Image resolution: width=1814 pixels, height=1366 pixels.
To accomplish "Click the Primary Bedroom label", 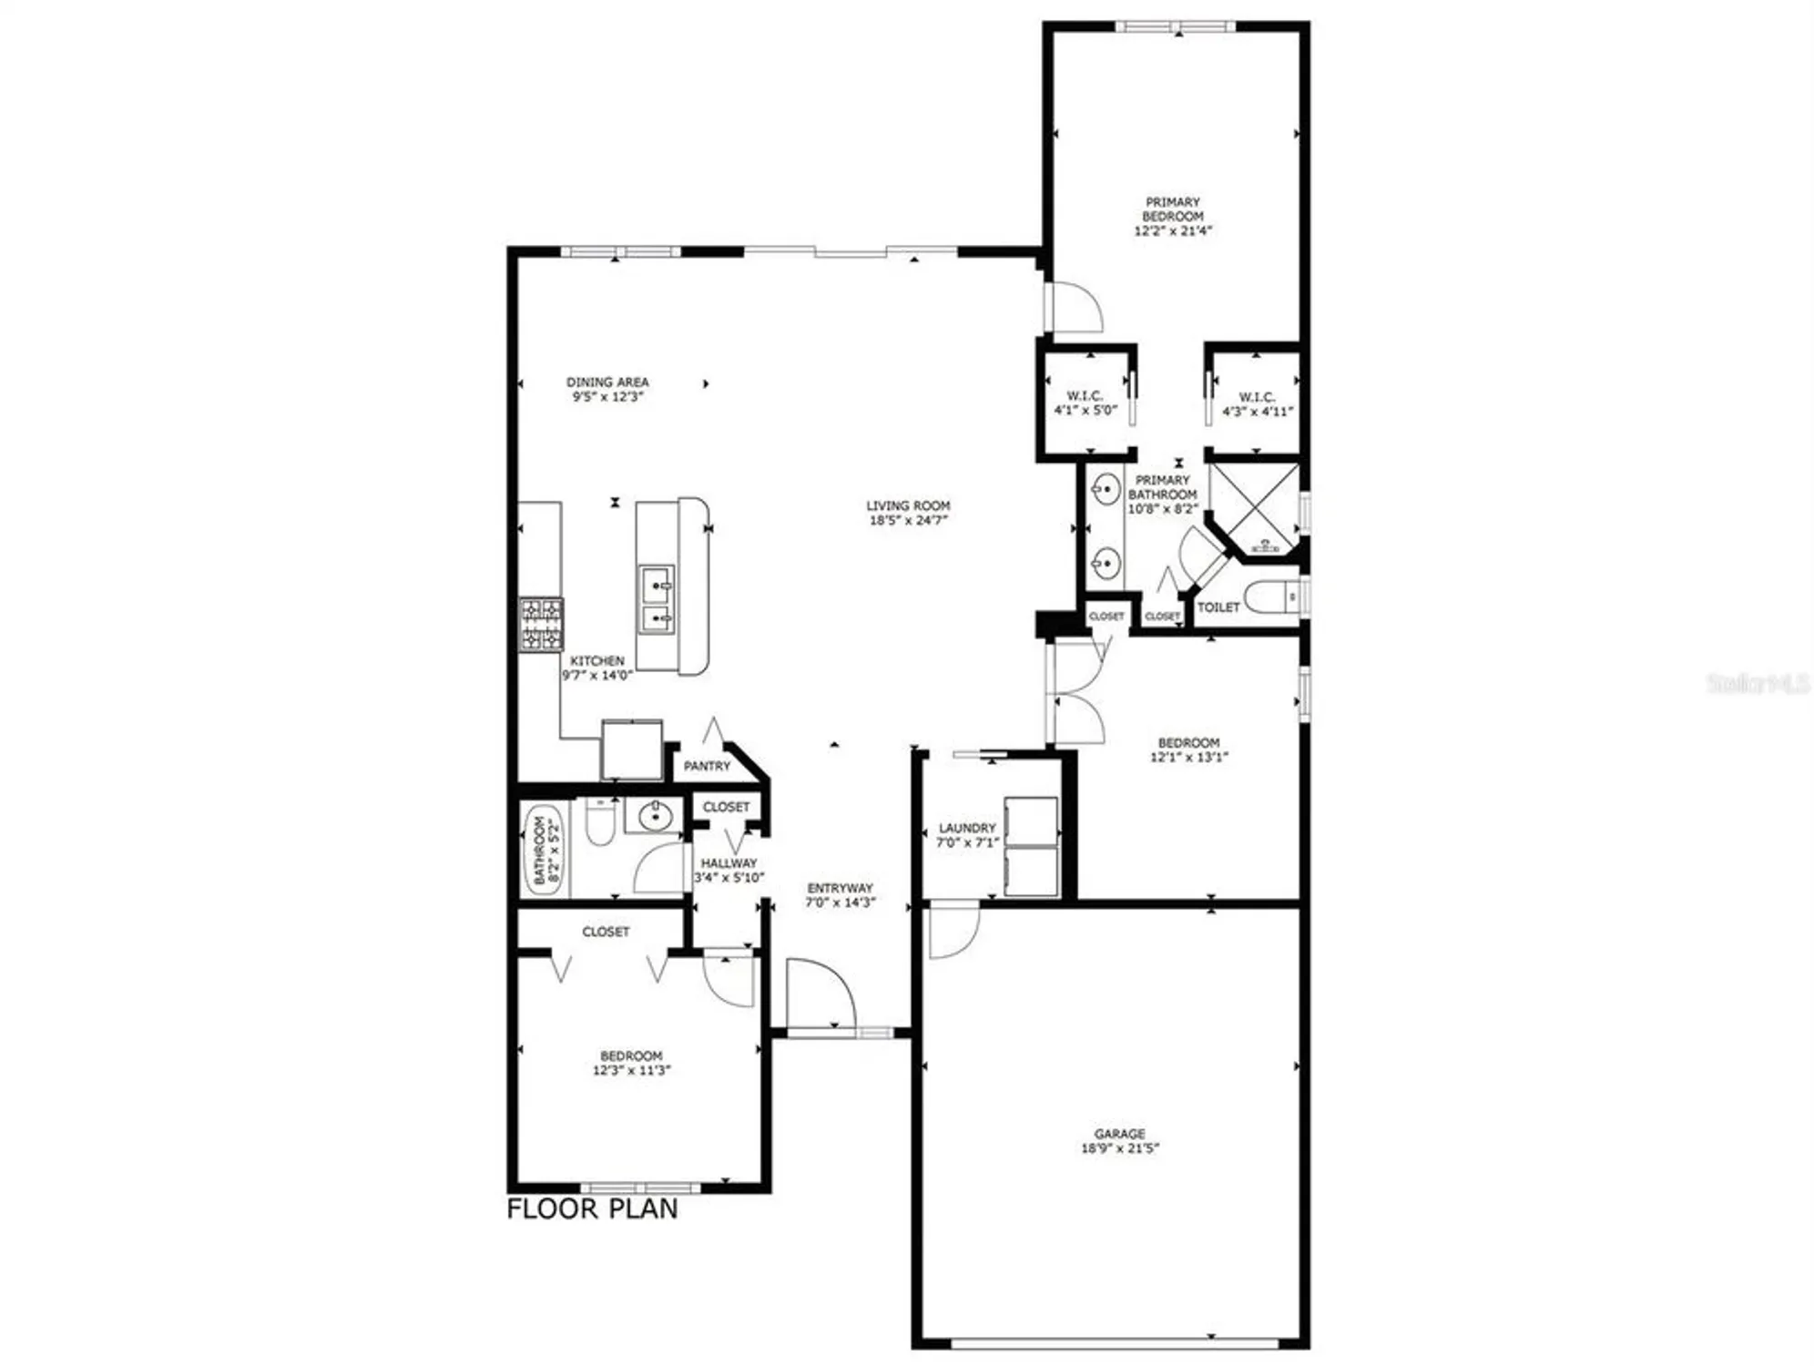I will (x=1172, y=209).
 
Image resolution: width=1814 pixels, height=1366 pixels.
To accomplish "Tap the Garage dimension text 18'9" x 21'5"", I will (x=1119, y=1148).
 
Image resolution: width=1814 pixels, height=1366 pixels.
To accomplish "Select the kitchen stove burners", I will (x=541, y=625).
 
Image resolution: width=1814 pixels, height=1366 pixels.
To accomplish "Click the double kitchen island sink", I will (x=657, y=599).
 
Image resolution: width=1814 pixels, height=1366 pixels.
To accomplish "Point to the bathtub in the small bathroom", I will (x=544, y=851).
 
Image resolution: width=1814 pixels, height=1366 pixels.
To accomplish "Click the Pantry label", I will (x=707, y=766).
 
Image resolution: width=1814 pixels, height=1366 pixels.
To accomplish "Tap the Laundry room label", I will (x=967, y=828).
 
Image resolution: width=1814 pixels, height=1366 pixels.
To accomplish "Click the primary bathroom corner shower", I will (x=1254, y=508).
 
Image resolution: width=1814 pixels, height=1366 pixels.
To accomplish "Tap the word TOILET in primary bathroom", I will (x=1218, y=607).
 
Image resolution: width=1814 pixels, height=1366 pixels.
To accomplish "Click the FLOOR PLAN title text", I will (x=592, y=1208).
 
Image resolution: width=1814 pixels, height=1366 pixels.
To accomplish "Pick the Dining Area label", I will (x=607, y=382).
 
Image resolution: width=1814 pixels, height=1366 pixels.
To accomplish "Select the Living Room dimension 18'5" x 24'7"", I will (x=908, y=520).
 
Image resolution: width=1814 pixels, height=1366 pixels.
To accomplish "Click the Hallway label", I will (x=729, y=862).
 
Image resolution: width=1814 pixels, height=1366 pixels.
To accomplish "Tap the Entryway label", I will (x=840, y=888).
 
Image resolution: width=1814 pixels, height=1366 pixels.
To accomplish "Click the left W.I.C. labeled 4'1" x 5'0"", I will (x=1085, y=403).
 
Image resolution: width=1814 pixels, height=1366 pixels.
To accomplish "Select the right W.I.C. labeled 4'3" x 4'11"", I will (x=1257, y=403).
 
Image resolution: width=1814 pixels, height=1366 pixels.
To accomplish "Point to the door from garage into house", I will (x=952, y=929).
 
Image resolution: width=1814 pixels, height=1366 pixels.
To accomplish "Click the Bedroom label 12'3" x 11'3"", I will (x=631, y=1063).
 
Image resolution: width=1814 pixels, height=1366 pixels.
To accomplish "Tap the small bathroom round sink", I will (x=654, y=817).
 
